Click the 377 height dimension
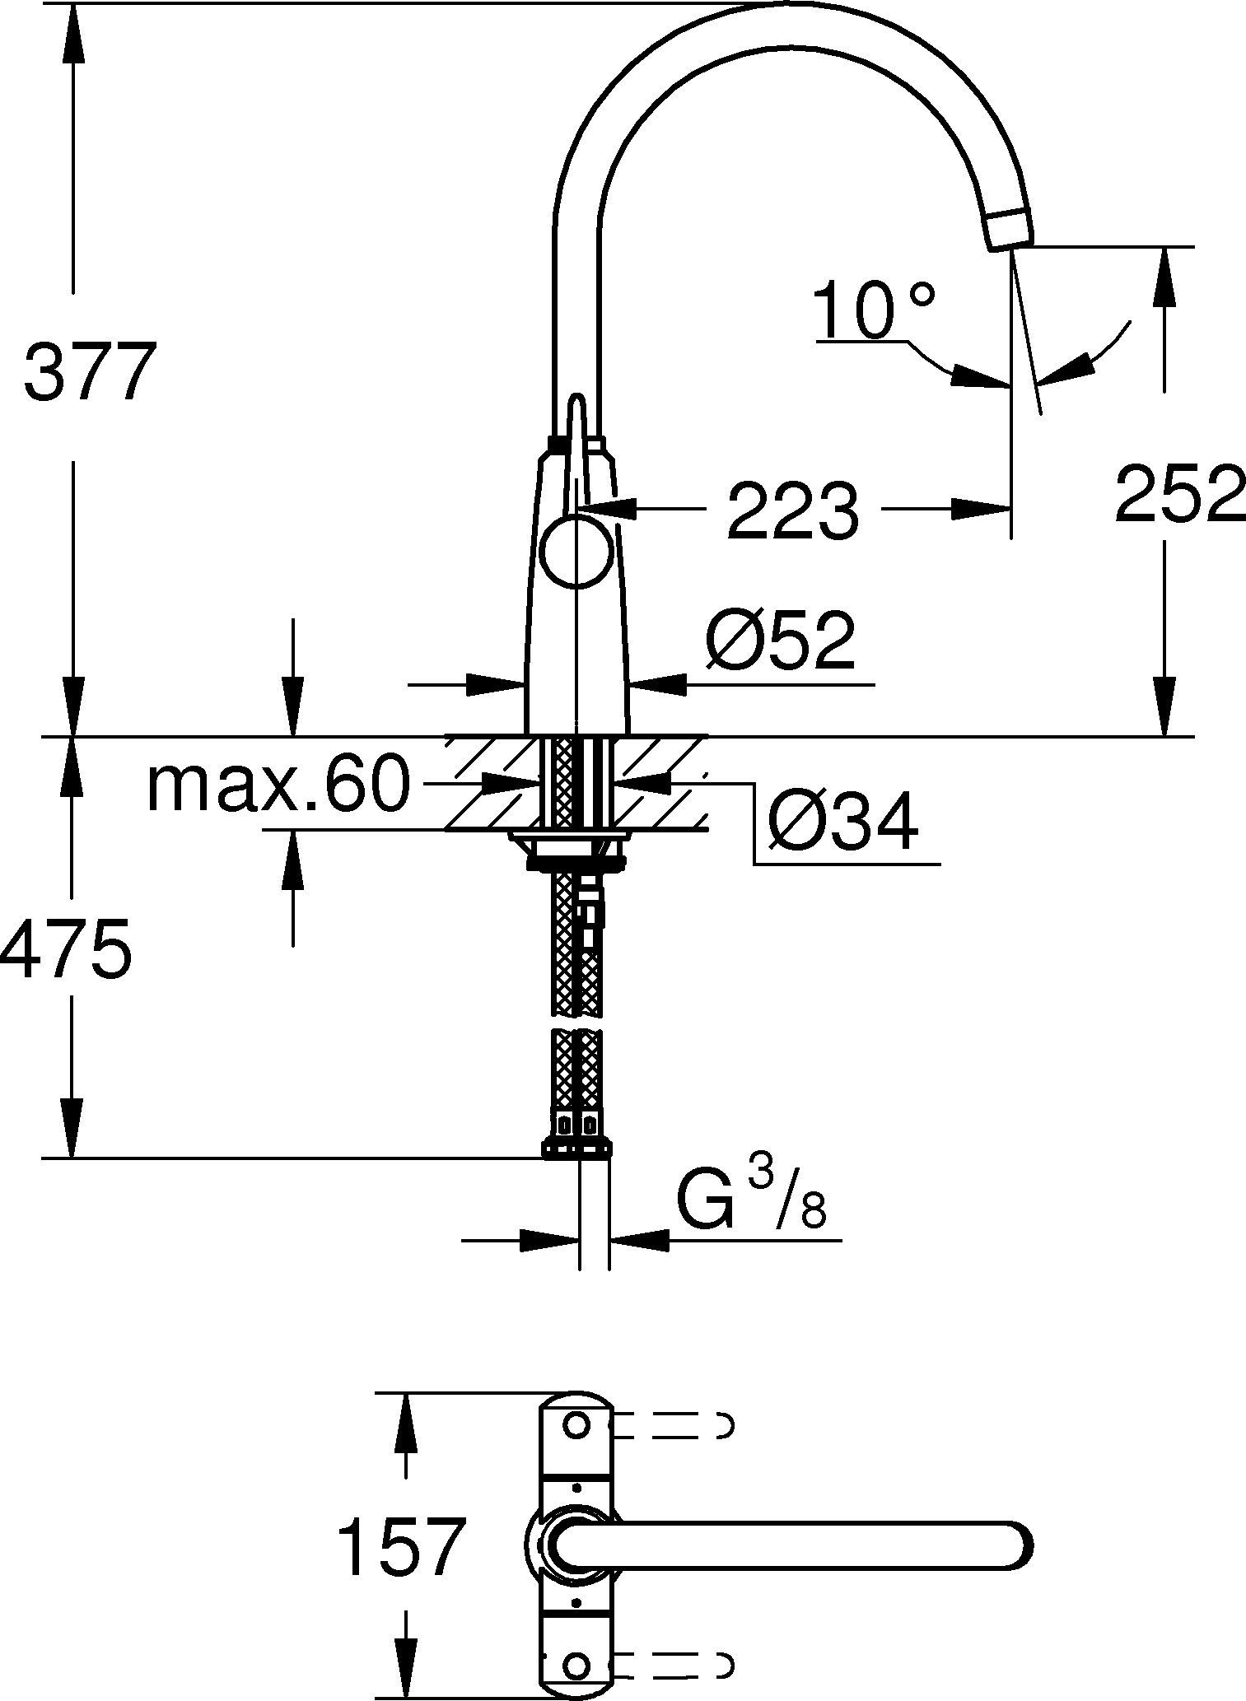pyautogui.click(x=89, y=372)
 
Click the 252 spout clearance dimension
pyautogui.click(x=1179, y=494)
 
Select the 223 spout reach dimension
pyautogui.click(x=792, y=512)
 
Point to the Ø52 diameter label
pyautogui.click(x=781, y=641)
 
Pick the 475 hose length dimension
pyautogui.click(x=66, y=948)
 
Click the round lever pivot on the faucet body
pyautogui.click(x=577, y=552)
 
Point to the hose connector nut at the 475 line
pyautogui.click(x=577, y=1149)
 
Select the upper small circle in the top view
pyautogui.click(x=576, y=1424)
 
